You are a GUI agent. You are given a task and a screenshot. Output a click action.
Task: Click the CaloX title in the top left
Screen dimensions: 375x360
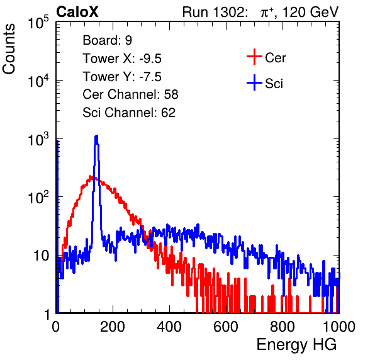[x=77, y=12]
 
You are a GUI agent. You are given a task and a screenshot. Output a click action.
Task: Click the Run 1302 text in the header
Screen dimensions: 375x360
[x=215, y=12]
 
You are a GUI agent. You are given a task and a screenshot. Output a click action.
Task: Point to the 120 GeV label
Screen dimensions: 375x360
[x=310, y=12]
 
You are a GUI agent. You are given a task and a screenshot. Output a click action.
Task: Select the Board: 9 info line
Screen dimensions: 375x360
[x=108, y=40]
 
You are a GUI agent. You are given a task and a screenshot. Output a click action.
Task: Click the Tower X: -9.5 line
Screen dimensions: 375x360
[x=122, y=59]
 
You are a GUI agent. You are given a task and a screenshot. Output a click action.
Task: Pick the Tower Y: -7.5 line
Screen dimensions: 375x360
[x=122, y=77]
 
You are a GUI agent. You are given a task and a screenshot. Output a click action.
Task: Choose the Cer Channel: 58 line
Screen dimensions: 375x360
[x=130, y=94]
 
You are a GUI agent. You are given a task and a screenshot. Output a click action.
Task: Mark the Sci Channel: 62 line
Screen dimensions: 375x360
[x=129, y=113]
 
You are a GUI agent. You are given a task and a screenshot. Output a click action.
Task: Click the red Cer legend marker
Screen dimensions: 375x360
[x=254, y=57]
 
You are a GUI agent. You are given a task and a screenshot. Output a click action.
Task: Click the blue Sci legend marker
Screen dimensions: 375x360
[x=254, y=82]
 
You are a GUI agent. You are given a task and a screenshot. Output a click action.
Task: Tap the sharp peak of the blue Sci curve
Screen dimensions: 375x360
[x=96, y=136]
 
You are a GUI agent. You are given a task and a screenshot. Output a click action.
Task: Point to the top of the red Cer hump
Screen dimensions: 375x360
[x=91, y=176]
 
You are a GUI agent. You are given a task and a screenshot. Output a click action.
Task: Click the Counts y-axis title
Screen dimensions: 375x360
[x=9, y=49]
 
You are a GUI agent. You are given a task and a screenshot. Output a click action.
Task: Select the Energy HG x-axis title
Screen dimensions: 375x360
[x=296, y=345]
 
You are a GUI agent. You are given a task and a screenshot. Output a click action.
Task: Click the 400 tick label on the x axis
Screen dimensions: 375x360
[x=169, y=327]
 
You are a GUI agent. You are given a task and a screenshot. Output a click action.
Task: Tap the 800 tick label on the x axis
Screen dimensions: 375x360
[x=283, y=327]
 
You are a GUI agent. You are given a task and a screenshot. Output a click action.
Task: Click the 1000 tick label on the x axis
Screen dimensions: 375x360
[x=339, y=327]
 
